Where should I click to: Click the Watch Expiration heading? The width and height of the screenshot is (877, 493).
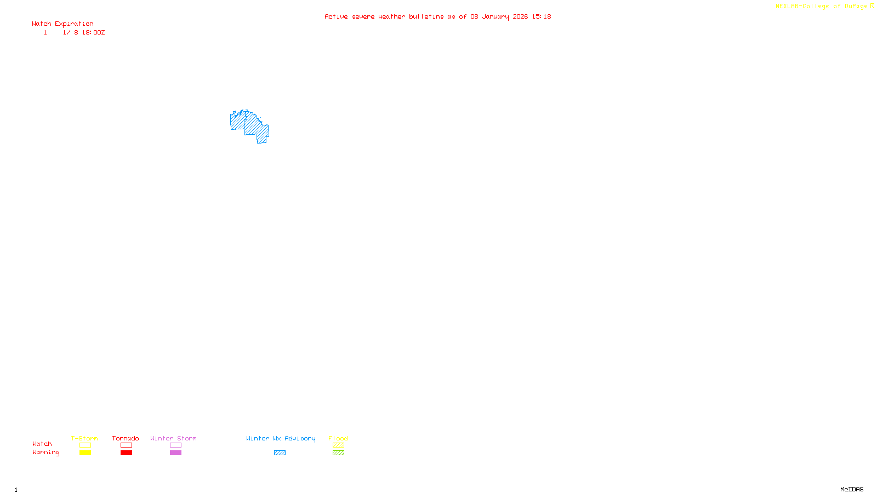tap(62, 24)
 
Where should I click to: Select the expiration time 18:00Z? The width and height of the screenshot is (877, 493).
tap(93, 33)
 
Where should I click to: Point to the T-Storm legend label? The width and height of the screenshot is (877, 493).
tap(84, 438)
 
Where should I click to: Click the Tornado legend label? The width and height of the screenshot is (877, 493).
tap(126, 438)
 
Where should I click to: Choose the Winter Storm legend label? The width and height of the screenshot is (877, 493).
tap(173, 438)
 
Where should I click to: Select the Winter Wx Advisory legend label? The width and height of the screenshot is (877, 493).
tap(281, 438)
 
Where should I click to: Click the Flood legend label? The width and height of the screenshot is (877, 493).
tap(338, 438)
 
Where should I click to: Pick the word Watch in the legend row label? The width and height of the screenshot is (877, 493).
tap(42, 444)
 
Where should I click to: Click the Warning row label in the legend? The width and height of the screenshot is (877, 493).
tap(45, 452)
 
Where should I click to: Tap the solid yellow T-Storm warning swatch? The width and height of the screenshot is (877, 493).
tap(85, 453)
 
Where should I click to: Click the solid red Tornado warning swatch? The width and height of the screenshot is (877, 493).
tap(126, 453)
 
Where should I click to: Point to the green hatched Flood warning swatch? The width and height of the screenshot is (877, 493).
tap(338, 453)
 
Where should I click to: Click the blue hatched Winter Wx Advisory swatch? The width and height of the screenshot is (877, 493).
tap(280, 453)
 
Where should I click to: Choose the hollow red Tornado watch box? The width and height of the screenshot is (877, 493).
tap(126, 445)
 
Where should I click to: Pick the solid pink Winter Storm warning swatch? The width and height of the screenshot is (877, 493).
tap(175, 453)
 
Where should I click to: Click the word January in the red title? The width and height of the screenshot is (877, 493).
tap(495, 17)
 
